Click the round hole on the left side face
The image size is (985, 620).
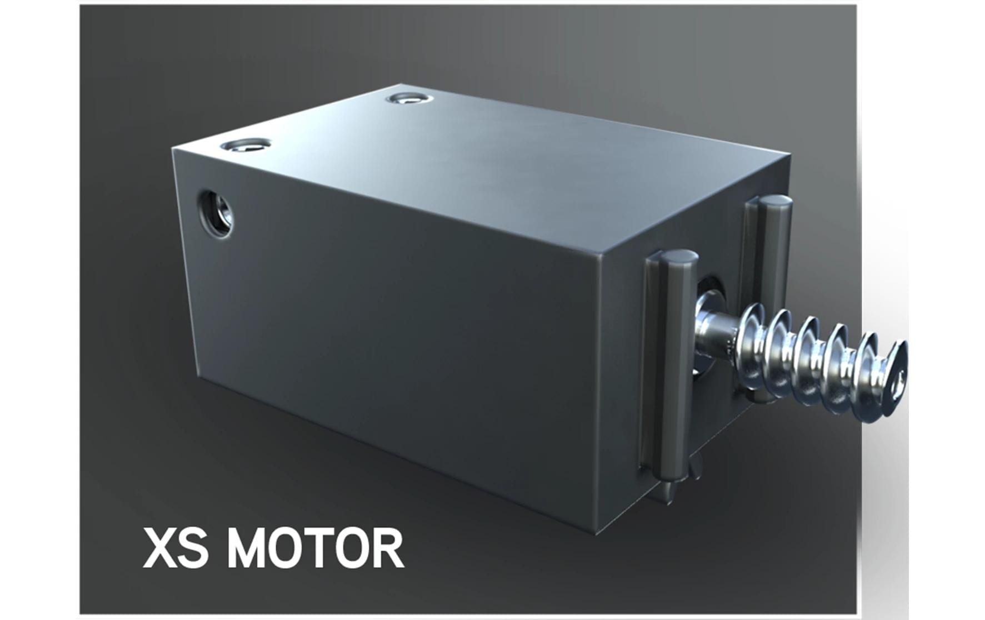point(216,214)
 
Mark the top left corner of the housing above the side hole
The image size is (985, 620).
point(173,149)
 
